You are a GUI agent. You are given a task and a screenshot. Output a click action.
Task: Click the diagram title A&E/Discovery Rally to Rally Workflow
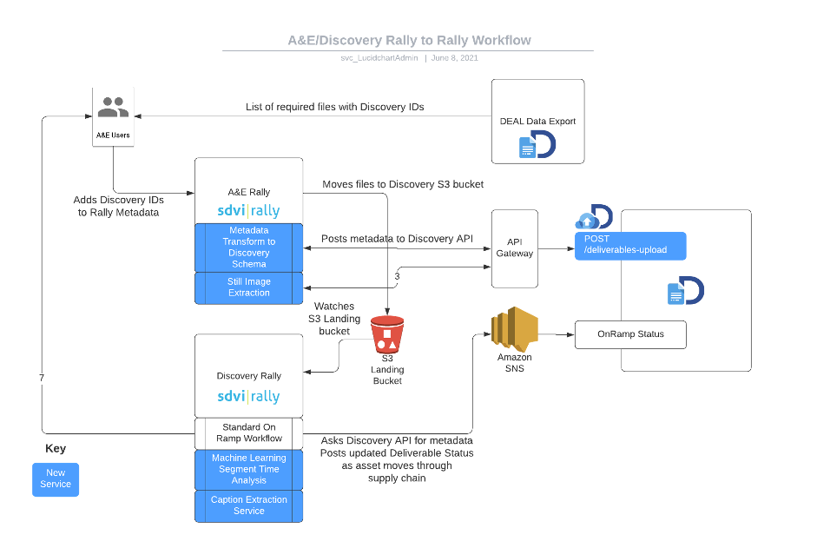click(409, 40)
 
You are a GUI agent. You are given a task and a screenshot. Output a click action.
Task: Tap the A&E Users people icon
click(113, 109)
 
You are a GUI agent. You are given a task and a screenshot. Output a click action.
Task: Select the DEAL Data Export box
click(537, 122)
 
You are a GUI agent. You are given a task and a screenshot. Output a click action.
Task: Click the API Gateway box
click(515, 248)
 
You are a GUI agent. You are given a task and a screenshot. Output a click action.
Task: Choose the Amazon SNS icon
click(515, 329)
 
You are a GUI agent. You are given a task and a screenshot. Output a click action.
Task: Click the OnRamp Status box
click(630, 334)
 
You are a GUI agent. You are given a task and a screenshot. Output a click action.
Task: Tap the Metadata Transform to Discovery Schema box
click(248, 248)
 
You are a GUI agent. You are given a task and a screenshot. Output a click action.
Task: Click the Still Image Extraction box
click(248, 287)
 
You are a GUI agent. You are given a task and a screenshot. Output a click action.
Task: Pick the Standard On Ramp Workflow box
click(248, 432)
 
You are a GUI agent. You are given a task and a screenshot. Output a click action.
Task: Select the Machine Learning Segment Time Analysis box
click(248, 469)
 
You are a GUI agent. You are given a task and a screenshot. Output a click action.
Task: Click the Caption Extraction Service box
click(248, 505)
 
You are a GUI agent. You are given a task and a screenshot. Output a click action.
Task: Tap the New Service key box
click(56, 479)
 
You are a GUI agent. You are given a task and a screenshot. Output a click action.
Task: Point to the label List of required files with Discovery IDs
click(334, 107)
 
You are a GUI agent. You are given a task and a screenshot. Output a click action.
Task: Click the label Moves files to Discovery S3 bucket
click(403, 184)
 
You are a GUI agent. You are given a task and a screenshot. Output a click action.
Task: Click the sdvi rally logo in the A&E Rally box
click(248, 211)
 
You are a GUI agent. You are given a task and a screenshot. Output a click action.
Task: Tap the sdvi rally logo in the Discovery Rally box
click(248, 396)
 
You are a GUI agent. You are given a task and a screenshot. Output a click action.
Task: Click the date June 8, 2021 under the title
click(454, 58)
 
